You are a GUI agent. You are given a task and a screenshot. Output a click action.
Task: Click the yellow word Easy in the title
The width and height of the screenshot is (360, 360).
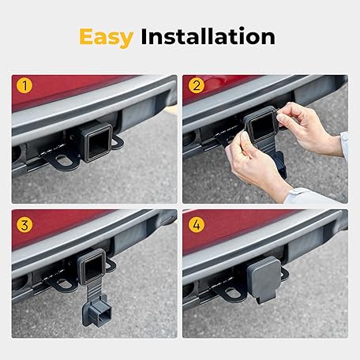pyautogui.click(x=106, y=37)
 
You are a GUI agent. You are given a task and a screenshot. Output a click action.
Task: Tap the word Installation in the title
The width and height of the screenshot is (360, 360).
pyautogui.click(x=208, y=36)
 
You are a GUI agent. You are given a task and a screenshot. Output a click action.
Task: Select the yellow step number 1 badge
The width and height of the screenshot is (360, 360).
pyautogui.click(x=24, y=85)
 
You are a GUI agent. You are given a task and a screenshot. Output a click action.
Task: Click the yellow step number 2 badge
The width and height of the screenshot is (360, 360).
pyautogui.click(x=197, y=85)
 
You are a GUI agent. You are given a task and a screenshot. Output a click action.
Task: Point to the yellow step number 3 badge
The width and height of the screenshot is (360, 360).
pyautogui.click(x=24, y=225)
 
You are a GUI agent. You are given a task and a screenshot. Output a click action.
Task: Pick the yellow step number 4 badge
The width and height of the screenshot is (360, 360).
pyautogui.click(x=197, y=225)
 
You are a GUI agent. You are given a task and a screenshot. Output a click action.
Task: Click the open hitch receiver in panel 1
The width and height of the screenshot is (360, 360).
pyautogui.click(x=97, y=143)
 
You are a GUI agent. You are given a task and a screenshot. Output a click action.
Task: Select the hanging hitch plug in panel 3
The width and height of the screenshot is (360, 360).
pyautogui.click(x=96, y=311)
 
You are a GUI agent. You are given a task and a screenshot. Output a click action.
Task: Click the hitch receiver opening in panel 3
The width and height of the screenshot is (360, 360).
pyautogui.click(x=92, y=268)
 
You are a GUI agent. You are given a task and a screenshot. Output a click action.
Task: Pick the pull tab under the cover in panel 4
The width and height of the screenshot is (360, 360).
pyautogui.click(x=262, y=299)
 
